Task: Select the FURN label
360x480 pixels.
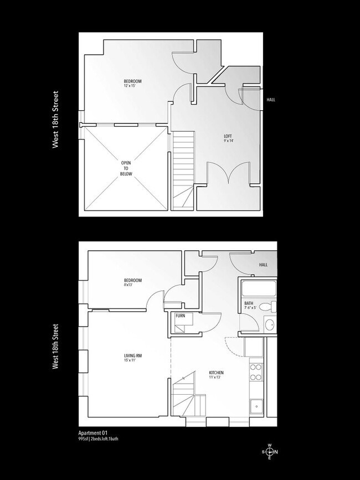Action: coord(180,316)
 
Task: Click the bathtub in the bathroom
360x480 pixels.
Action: coord(258,288)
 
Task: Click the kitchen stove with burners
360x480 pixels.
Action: coord(256,372)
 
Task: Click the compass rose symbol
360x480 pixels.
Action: coord(270,452)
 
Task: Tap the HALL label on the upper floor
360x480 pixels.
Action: coord(271,100)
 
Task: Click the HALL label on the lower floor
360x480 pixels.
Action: coord(263,265)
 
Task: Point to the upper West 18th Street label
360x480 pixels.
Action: coord(55,120)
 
